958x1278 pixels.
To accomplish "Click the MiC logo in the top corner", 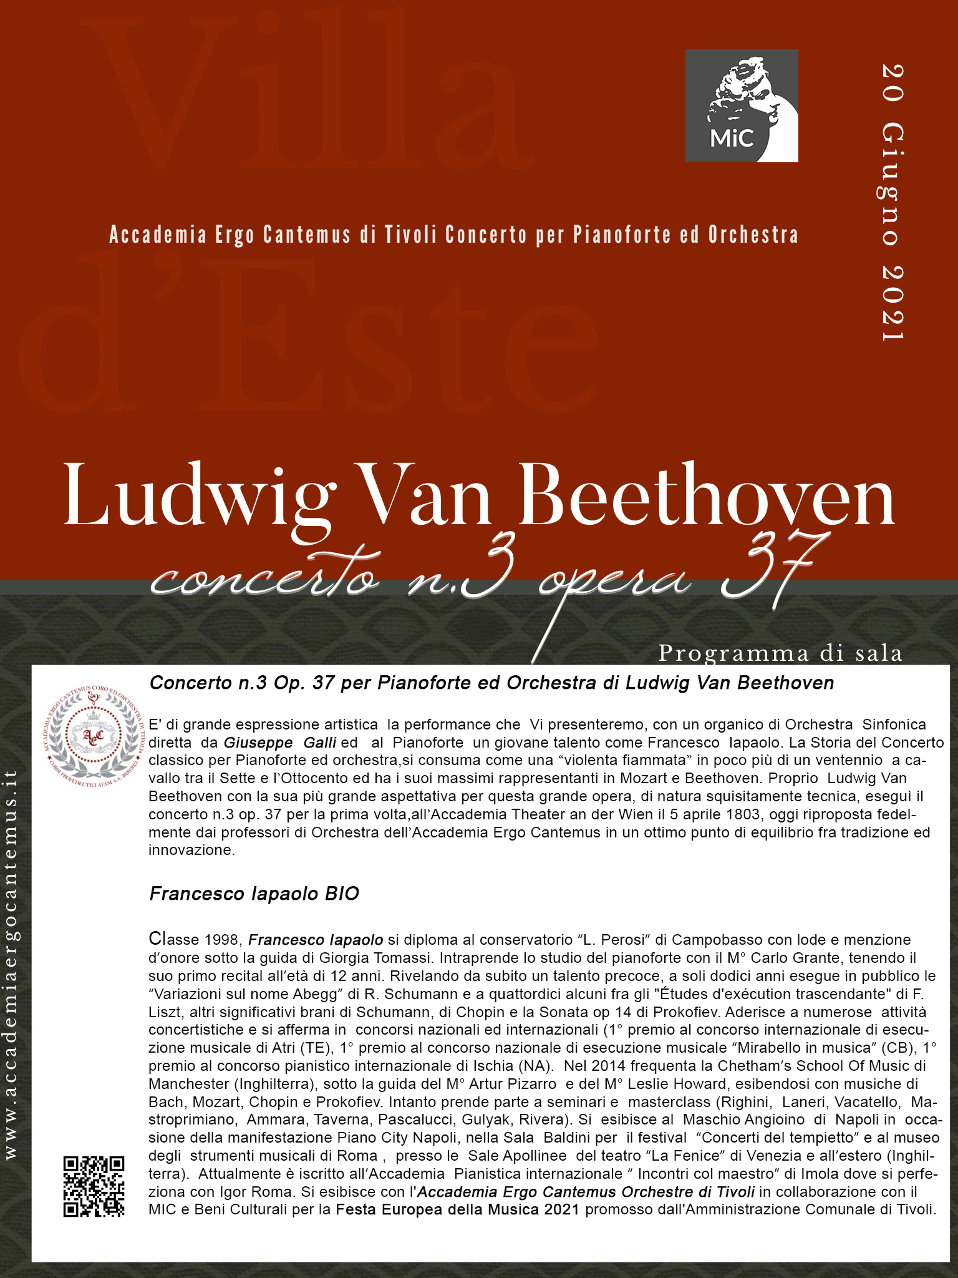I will pyautogui.click(x=742, y=105).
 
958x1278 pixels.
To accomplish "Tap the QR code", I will pyautogui.click(x=94, y=1186).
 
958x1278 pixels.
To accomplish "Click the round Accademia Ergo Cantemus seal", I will pyautogui.click(x=94, y=736).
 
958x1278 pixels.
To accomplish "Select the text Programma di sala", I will pyautogui.click(x=780, y=653).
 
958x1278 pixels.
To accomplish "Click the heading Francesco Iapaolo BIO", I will pyautogui.click(x=254, y=894).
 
